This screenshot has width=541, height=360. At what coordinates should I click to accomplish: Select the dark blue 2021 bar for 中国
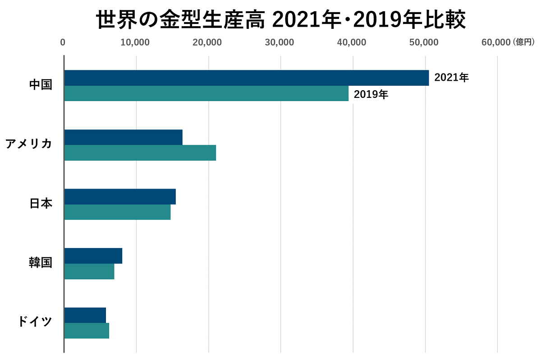pos(246,78)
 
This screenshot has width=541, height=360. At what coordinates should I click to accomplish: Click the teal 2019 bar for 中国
pos(206,93)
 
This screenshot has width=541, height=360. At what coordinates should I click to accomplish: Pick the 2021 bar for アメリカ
pos(123,137)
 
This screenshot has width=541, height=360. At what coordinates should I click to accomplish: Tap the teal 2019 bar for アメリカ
pos(140,153)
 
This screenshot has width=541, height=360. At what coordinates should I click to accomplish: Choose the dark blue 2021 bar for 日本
pos(120,197)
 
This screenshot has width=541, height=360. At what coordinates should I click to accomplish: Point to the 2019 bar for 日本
pos(117,212)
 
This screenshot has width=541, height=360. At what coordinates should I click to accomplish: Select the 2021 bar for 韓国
pos(93,256)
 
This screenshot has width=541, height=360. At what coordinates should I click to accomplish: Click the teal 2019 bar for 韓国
pos(89,272)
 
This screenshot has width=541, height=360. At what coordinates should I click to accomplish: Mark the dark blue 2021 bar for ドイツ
pos(85,315)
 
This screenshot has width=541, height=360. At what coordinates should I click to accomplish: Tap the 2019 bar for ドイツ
pos(87,331)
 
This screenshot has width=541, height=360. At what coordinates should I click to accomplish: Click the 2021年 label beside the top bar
pos(451,78)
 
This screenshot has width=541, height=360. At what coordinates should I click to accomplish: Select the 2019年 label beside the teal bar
pos(371,95)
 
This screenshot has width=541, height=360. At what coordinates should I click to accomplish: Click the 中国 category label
pos(41,85)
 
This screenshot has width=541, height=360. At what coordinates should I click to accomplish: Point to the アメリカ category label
pos(28,144)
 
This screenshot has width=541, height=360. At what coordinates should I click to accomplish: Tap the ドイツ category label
pos(35,322)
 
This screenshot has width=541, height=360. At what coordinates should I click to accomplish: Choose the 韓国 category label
pos(41,263)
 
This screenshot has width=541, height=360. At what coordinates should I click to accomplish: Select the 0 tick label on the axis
pos(63,43)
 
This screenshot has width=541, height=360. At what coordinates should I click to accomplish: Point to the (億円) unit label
pos(523,42)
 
